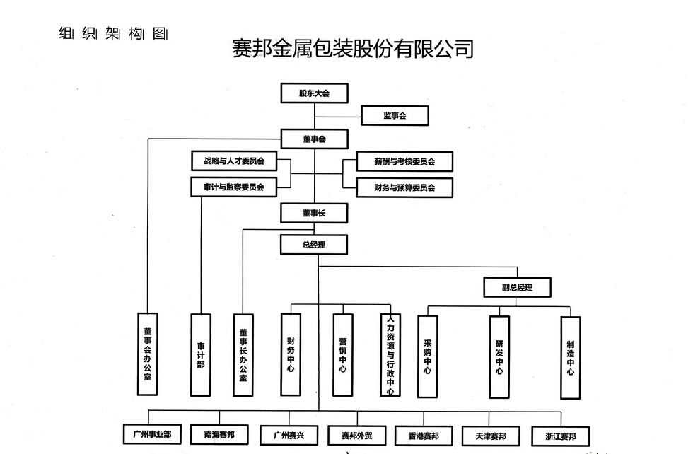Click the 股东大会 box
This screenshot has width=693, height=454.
314,93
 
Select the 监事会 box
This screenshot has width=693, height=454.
395,115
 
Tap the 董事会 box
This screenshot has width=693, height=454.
314,139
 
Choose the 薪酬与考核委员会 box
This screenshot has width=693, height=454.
404,161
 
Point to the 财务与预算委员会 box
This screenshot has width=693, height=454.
404,187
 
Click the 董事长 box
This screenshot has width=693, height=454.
314,213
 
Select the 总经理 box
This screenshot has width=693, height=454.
314,245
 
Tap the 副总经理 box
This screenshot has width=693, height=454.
517,287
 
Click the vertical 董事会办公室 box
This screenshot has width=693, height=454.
148,354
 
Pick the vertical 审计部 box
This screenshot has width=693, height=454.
201,355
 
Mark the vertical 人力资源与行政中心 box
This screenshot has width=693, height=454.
390,355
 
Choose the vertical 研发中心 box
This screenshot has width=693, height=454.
499,356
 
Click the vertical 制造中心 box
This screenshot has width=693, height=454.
570,356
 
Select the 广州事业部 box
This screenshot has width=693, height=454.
147,434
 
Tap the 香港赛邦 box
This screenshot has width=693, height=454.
424,436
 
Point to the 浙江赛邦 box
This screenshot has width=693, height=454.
561,436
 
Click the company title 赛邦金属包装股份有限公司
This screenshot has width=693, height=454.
352,48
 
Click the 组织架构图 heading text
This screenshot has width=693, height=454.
113,33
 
